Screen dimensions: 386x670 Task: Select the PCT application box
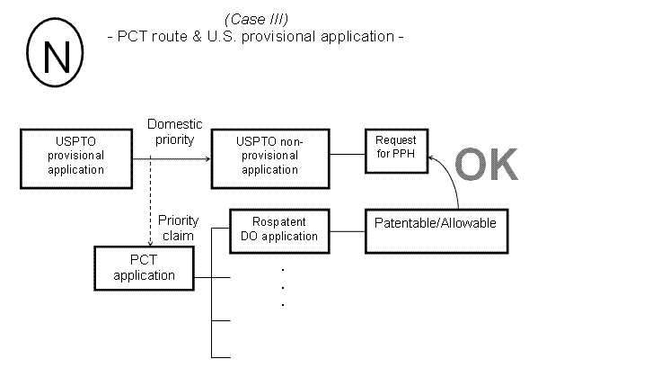[144, 268]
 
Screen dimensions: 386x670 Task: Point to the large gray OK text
[486, 165]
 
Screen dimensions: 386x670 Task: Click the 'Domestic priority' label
[175, 131]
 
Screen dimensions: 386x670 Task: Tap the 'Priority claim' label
[179, 229]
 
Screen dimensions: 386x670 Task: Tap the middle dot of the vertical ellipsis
[283, 287]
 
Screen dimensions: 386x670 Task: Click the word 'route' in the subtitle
[171, 38]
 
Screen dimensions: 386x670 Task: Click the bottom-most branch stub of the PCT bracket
[221, 357]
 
